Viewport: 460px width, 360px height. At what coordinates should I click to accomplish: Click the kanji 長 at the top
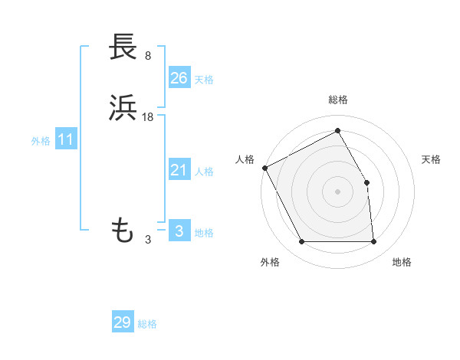123,47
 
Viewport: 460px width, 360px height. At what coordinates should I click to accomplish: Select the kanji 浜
123,109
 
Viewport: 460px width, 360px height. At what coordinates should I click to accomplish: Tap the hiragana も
123,229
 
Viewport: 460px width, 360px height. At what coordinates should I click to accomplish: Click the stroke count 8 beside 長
147,55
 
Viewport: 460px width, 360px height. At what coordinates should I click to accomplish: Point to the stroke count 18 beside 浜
149,116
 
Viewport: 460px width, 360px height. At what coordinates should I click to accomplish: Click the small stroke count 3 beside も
147,240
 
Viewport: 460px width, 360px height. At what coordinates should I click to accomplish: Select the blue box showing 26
179,77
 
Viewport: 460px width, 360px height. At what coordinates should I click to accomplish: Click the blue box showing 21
179,170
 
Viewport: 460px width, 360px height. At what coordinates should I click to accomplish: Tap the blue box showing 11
65,140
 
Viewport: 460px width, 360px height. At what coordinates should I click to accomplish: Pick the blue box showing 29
123,322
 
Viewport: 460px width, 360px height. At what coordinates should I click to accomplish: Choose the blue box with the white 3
179,231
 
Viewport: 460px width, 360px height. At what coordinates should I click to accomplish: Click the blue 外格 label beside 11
41,141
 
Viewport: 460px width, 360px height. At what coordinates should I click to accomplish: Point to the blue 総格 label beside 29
147,324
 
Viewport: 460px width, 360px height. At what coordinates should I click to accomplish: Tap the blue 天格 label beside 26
204,79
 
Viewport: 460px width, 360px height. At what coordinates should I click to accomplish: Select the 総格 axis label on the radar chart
338,100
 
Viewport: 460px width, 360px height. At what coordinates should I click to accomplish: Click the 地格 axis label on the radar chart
402,262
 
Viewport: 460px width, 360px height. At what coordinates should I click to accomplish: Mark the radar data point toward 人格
264,168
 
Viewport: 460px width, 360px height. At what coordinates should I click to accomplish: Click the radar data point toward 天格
367,182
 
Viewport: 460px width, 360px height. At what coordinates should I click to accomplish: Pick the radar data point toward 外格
302,242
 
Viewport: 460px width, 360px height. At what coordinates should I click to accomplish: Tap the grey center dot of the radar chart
338,191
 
